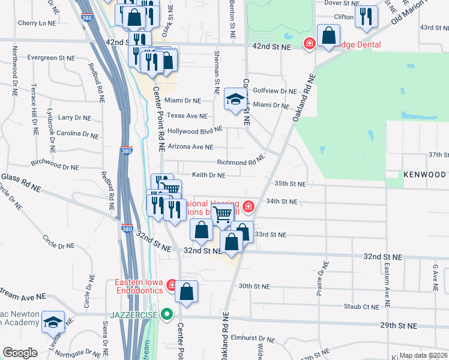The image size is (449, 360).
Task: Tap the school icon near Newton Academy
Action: [x=53, y=322]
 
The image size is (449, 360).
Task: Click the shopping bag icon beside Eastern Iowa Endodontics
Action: [x=187, y=292]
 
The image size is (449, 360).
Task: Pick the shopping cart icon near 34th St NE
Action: [x=223, y=214]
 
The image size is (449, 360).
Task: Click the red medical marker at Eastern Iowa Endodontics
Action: [x=171, y=284]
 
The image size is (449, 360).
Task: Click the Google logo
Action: [x=20, y=353]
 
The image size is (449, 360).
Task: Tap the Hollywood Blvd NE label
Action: [x=195, y=130]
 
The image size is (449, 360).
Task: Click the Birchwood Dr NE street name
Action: [x=54, y=163]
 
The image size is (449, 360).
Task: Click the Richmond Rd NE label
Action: [x=241, y=162]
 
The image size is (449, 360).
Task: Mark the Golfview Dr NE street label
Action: [x=275, y=91]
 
